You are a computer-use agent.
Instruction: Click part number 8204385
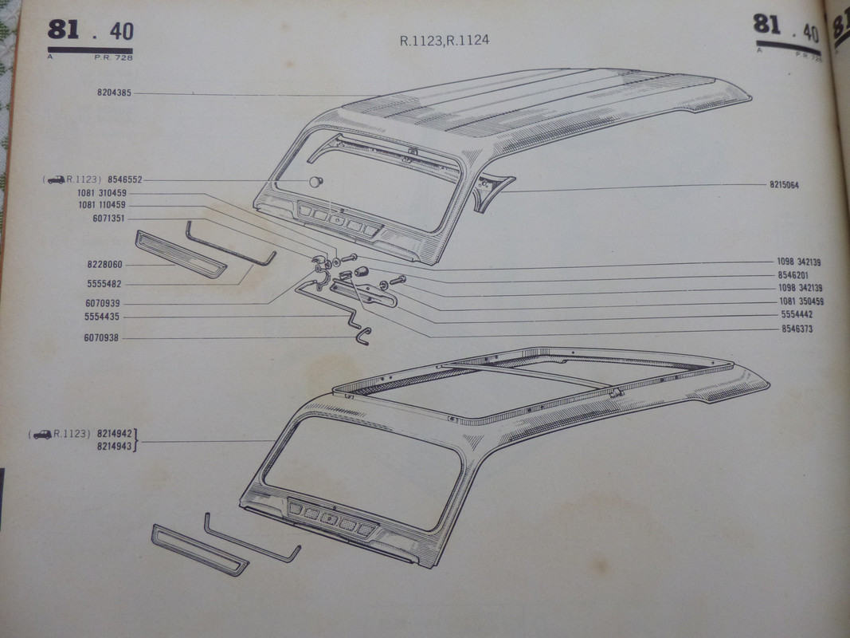pyautogui.click(x=115, y=93)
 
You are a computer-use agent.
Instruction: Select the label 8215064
pyautogui.click(x=784, y=185)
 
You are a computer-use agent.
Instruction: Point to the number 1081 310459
pyautogui.click(x=102, y=193)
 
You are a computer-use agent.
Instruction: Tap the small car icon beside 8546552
pyautogui.click(x=56, y=180)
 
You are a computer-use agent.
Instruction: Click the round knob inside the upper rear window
pyautogui.click(x=316, y=182)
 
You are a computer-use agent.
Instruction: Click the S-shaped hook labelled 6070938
pyautogui.click(x=363, y=336)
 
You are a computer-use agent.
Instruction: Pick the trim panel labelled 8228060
pyautogui.click(x=180, y=254)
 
